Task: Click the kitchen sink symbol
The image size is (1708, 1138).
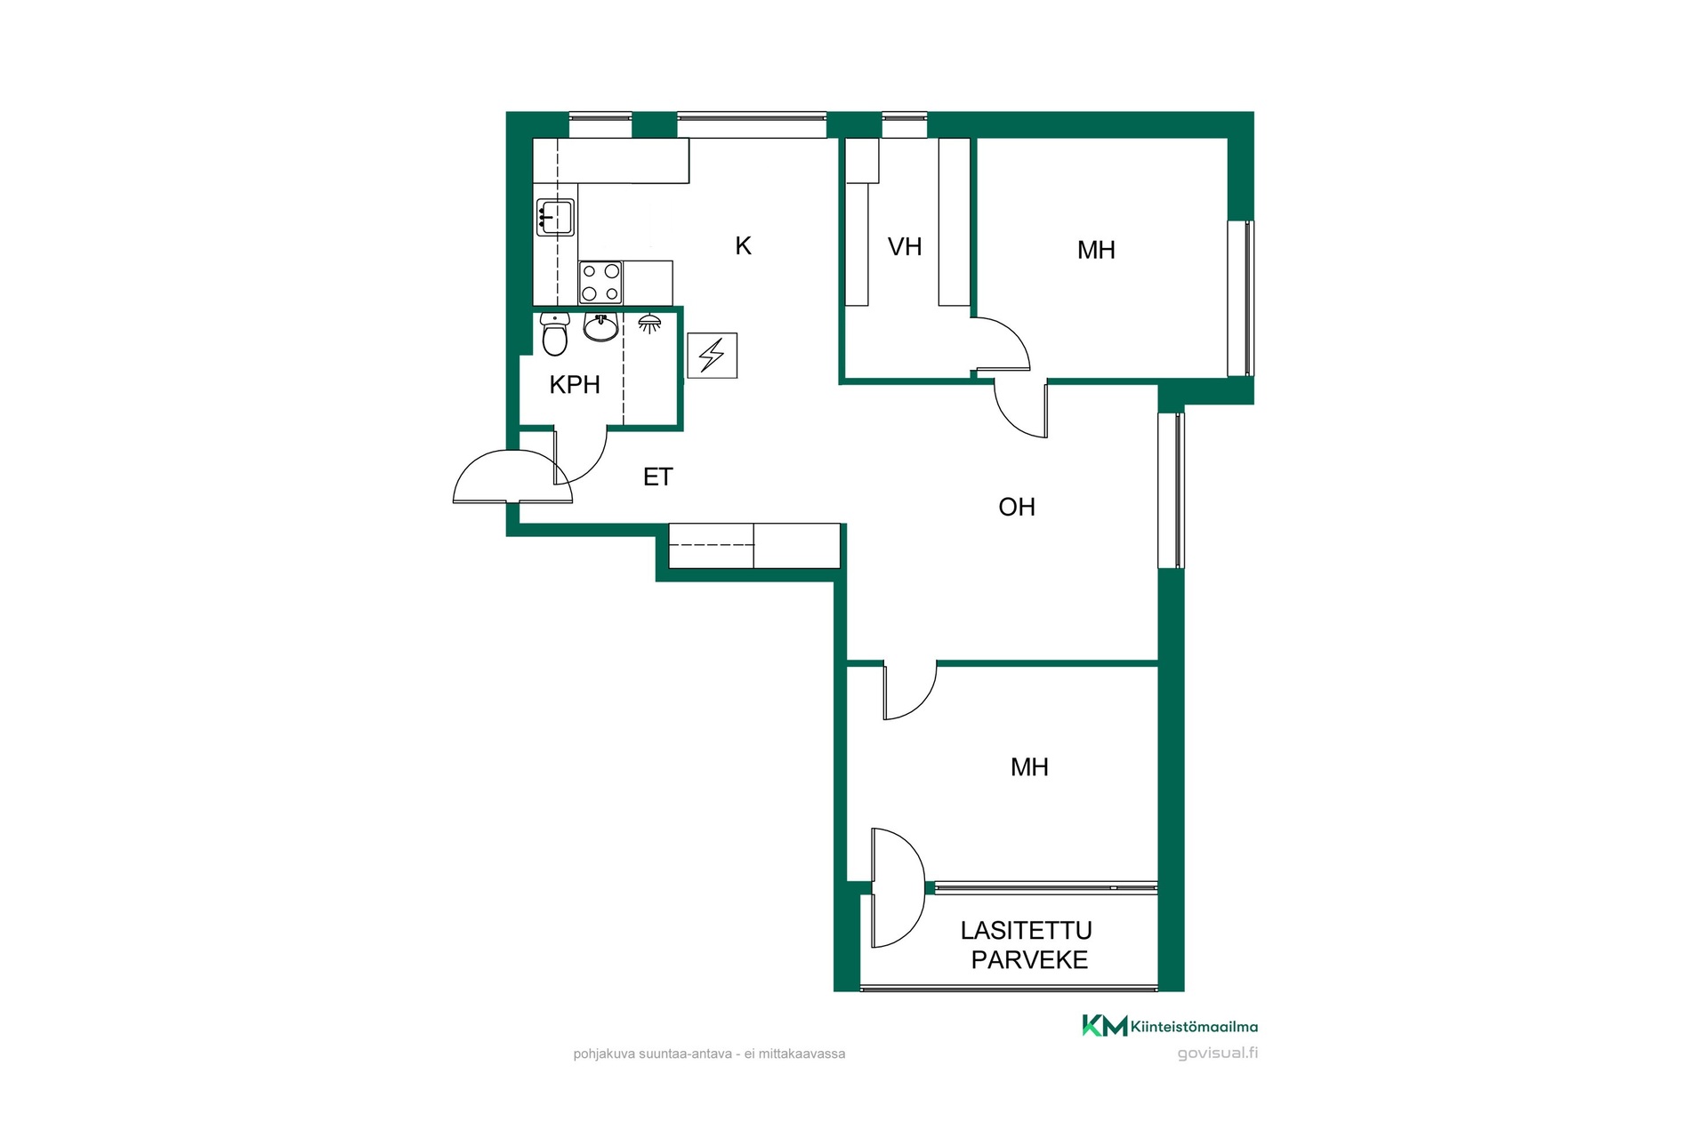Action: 555,217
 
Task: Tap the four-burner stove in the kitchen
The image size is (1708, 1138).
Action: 600,283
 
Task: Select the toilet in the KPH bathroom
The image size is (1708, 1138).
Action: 555,333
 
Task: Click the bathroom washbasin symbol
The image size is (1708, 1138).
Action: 601,327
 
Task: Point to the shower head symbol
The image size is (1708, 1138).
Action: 649,323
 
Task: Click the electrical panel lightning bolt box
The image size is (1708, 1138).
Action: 713,355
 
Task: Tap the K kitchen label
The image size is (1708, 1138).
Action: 744,245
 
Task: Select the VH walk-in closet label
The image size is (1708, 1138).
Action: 905,246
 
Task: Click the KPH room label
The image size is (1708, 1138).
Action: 575,384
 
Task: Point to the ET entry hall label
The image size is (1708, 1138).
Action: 657,477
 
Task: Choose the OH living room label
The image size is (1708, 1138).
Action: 1017,507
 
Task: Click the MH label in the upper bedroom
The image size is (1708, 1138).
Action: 1096,250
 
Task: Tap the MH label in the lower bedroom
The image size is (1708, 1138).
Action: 1029,767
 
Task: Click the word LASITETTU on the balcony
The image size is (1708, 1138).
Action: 1027,930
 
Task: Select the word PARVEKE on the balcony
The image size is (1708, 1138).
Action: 1029,960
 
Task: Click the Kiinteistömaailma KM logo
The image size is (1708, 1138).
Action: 1170,1026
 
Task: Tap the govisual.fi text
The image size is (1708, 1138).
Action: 1218,1054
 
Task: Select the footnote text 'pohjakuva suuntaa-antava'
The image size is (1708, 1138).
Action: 653,1054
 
